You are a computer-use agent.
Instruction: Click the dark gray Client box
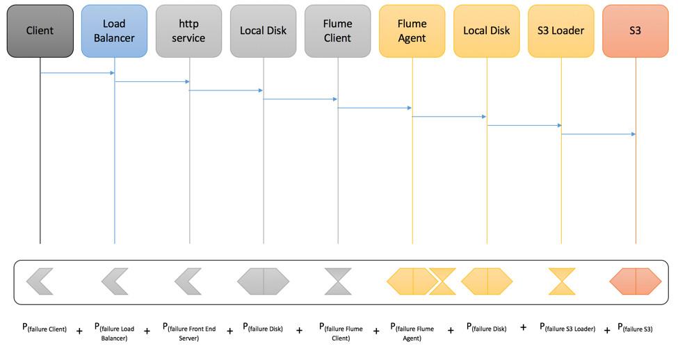[40, 31]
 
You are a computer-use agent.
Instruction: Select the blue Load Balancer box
[114, 31]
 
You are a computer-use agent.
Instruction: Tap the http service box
[188, 31]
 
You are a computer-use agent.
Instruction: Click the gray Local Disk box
[263, 31]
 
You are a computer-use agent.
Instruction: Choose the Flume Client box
[337, 31]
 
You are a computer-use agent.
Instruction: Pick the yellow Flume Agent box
[412, 31]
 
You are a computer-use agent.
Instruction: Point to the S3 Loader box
[560, 31]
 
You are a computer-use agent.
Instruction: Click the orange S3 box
[635, 31]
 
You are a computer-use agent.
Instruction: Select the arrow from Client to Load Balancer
[77, 73]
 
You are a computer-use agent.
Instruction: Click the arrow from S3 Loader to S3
[598, 134]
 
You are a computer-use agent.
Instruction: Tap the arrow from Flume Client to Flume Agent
[375, 108]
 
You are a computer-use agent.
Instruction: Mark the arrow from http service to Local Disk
[226, 90]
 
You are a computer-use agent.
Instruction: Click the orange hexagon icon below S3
[635, 281]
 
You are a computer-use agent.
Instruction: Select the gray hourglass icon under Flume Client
[338, 281]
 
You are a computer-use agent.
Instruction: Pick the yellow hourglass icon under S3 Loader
[561, 281]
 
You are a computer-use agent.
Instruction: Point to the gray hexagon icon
[263, 281]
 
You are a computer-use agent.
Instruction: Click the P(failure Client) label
[44, 328]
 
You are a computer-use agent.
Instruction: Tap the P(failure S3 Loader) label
[567, 328]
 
